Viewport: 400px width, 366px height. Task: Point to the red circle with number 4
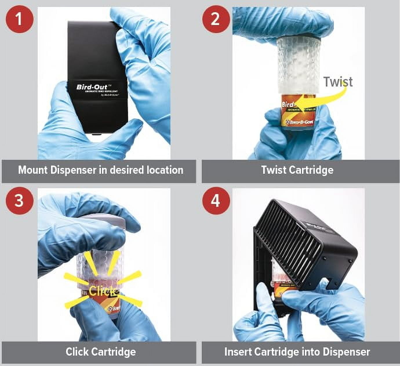point(215,200)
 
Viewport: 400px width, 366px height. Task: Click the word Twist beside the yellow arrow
point(338,82)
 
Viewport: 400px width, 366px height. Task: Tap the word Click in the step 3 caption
point(77,352)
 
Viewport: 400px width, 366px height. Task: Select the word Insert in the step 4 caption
point(238,352)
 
